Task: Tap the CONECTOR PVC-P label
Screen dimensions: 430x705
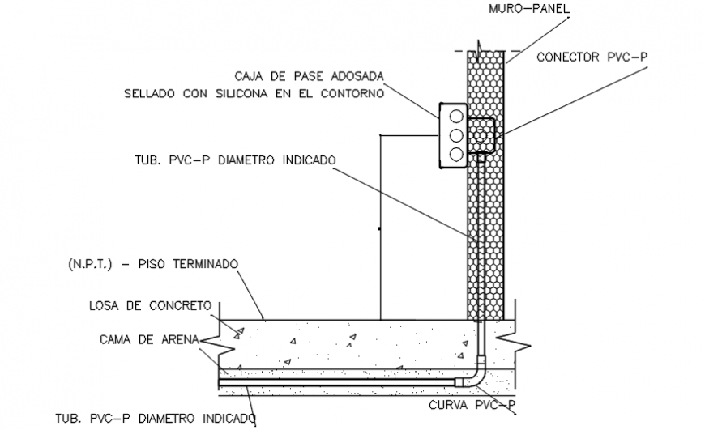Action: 592,57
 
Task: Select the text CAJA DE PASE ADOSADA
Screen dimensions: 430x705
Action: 309,76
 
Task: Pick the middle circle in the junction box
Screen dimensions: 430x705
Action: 455,134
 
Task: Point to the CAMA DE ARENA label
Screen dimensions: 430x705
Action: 150,339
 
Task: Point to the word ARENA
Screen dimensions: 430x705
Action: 178,339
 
